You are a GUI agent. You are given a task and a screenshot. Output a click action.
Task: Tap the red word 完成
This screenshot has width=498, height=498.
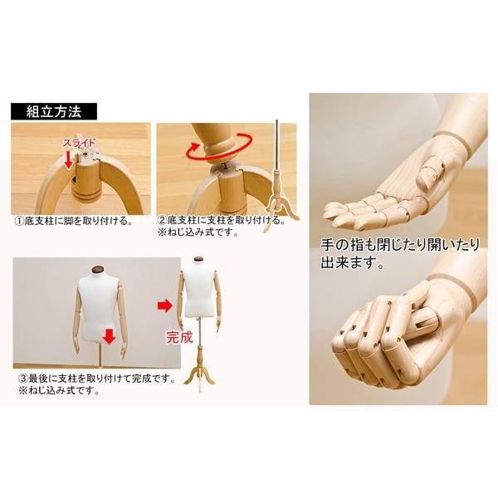(x=179, y=338)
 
